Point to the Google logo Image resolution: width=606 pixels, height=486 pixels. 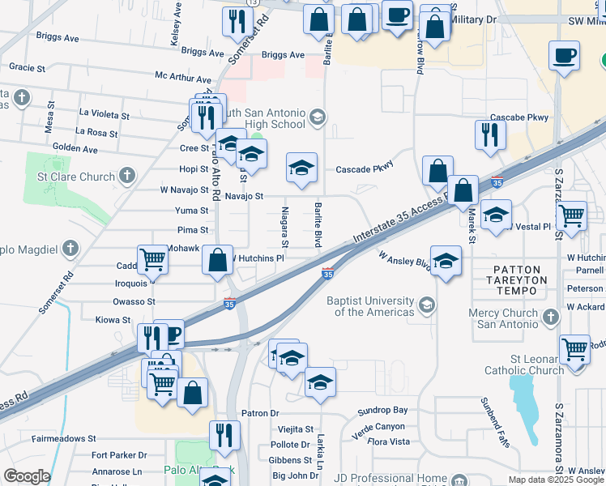(x=27, y=475)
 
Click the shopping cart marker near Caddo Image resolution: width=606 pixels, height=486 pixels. (x=152, y=260)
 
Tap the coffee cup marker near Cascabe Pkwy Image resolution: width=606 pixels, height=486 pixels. (x=565, y=57)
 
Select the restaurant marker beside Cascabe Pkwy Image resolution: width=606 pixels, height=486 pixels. (x=489, y=134)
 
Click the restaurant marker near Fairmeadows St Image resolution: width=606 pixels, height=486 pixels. (x=224, y=435)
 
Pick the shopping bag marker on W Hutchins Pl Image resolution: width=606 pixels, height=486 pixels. (x=217, y=260)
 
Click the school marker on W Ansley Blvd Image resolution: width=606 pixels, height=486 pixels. (x=445, y=261)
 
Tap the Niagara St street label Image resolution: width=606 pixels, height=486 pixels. (x=285, y=228)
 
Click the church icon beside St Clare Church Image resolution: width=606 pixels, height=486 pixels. (x=126, y=175)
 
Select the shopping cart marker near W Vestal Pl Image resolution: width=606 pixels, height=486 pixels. (x=571, y=216)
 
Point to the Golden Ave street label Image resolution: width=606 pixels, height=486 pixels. (x=75, y=149)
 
